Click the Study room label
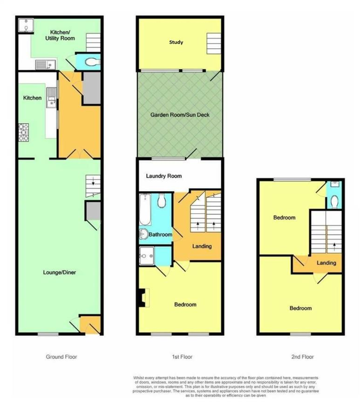(176, 42)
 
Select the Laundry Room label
(163, 176)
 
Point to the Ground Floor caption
(61, 357)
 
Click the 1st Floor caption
(182, 357)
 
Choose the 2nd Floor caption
(303, 357)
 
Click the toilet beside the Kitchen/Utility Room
(93, 62)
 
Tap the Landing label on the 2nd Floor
(326, 263)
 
